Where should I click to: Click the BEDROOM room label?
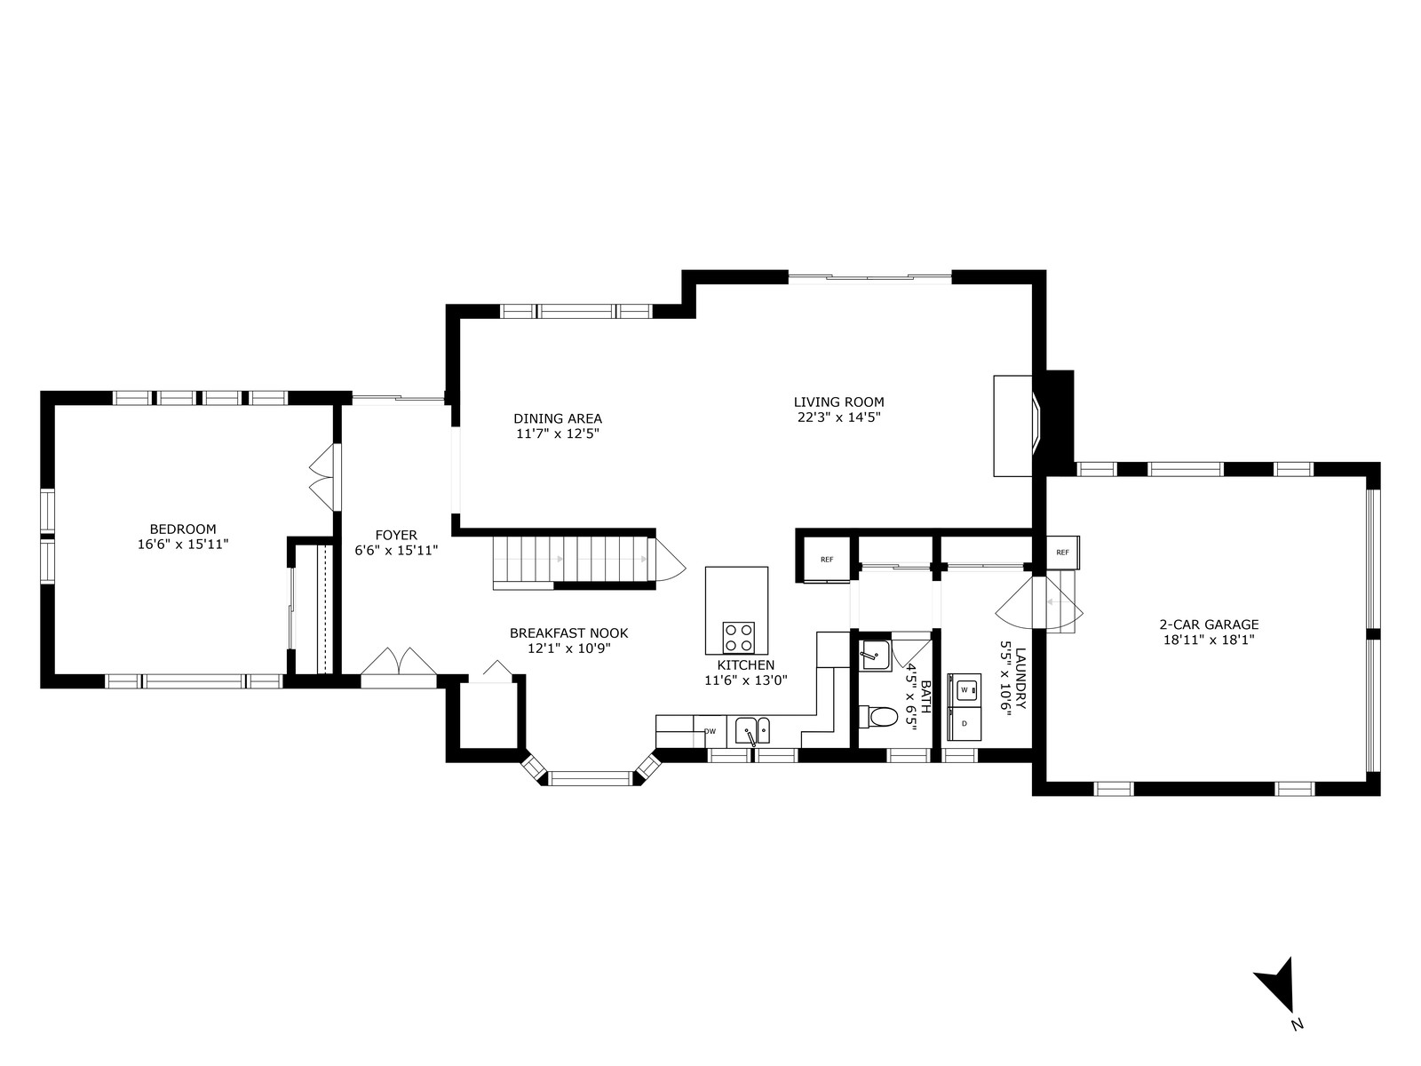tap(183, 529)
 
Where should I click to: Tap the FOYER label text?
tap(396, 536)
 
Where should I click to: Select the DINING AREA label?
tap(558, 418)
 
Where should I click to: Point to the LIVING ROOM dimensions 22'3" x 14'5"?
tap(839, 418)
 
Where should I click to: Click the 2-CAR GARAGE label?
tap(1209, 624)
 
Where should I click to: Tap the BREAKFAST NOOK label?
tap(568, 633)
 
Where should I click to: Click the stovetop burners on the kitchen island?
tap(739, 637)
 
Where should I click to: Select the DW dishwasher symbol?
tap(710, 731)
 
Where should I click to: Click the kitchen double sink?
tap(752, 731)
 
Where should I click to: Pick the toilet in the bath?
tap(877, 717)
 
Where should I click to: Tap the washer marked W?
tap(965, 690)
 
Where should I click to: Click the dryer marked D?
tap(965, 724)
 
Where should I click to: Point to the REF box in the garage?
tap(1062, 553)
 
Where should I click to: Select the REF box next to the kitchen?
tap(827, 560)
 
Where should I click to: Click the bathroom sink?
tap(876, 655)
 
